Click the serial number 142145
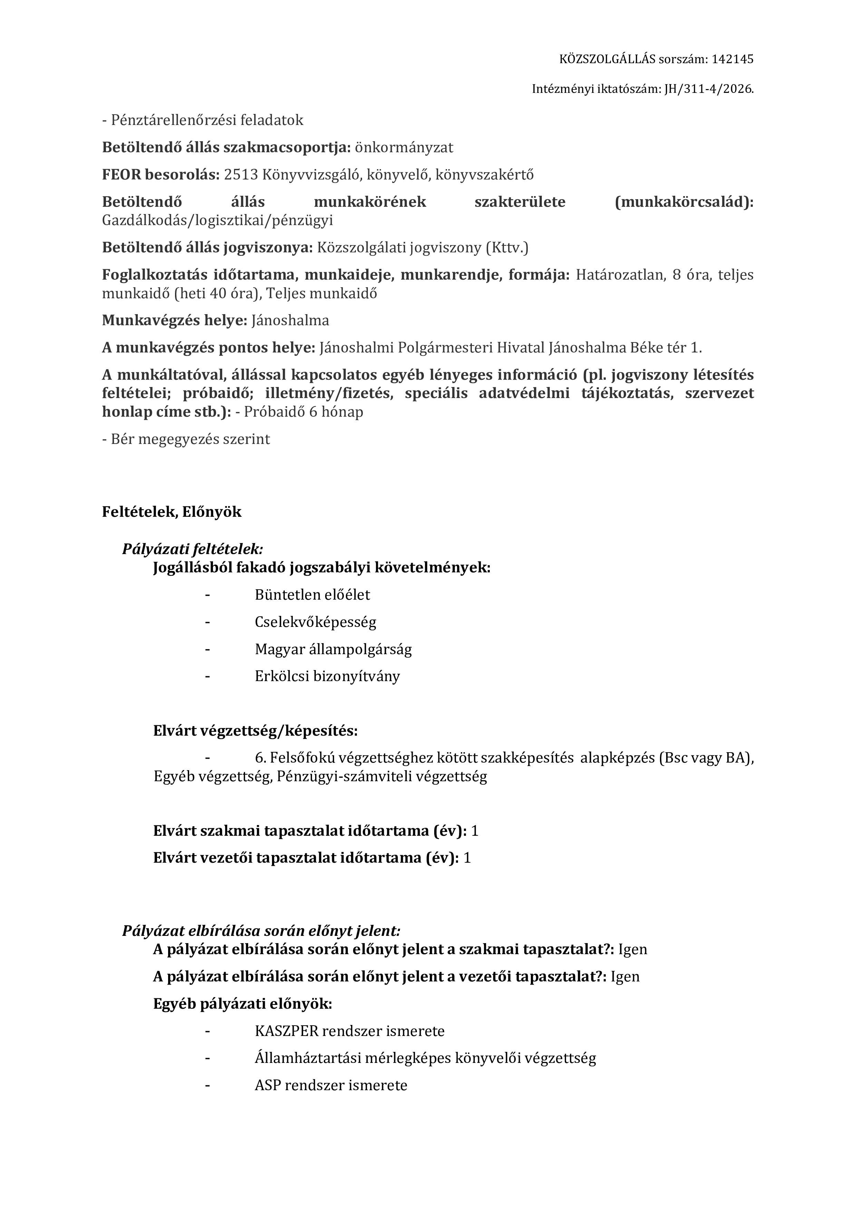[732, 59]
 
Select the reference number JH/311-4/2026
[708, 89]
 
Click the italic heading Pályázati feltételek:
[193, 549]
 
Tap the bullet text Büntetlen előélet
[312, 595]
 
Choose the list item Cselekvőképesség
[315, 622]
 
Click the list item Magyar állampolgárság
[333, 649]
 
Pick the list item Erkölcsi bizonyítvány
[327, 676]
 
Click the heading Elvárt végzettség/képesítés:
[255, 731]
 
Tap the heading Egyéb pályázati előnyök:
[243, 1004]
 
